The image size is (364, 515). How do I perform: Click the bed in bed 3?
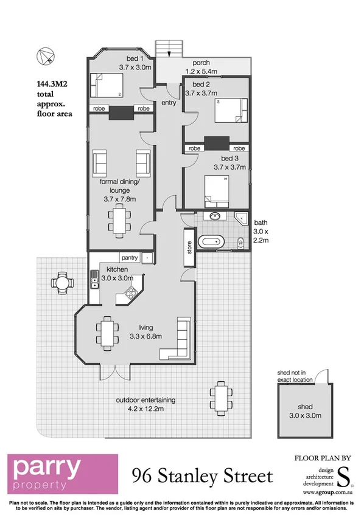(217, 190)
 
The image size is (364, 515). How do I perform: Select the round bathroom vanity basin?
(214, 217)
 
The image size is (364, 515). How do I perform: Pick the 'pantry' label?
(129, 257)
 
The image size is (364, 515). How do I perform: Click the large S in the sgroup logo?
(343, 473)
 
